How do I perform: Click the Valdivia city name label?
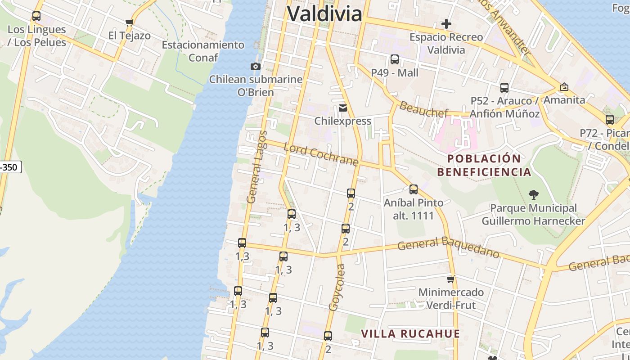click(x=324, y=13)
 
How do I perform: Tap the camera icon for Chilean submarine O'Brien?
click(x=256, y=67)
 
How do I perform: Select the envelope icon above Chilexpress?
click(x=343, y=108)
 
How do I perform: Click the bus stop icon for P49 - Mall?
click(x=395, y=59)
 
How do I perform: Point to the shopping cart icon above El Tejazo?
click(x=130, y=22)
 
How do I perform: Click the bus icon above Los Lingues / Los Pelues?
click(x=36, y=17)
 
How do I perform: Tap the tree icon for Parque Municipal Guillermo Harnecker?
click(x=533, y=195)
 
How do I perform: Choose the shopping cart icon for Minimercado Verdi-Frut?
click(x=451, y=279)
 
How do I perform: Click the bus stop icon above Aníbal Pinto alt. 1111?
click(x=414, y=189)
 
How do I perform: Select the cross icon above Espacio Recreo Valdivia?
click(x=446, y=24)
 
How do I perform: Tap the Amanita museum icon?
click(x=564, y=87)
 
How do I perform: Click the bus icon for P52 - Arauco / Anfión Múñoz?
click(x=504, y=88)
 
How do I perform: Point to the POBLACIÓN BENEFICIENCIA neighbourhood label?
click(x=484, y=165)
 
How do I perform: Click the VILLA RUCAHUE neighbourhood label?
click(x=411, y=334)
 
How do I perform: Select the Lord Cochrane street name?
click(x=321, y=155)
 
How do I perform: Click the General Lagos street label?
click(x=257, y=167)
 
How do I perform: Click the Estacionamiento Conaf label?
click(x=203, y=51)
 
